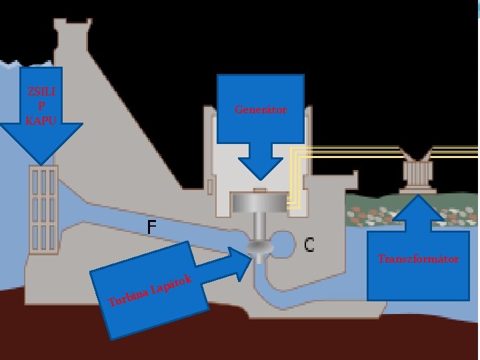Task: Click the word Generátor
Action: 261,109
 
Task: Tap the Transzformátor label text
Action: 418,259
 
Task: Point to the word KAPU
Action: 41,121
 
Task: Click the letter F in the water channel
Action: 152,227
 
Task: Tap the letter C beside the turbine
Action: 309,245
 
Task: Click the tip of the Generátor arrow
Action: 261,179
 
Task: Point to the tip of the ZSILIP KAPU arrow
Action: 42,163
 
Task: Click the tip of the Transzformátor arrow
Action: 418,195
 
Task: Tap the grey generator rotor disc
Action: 259,201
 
